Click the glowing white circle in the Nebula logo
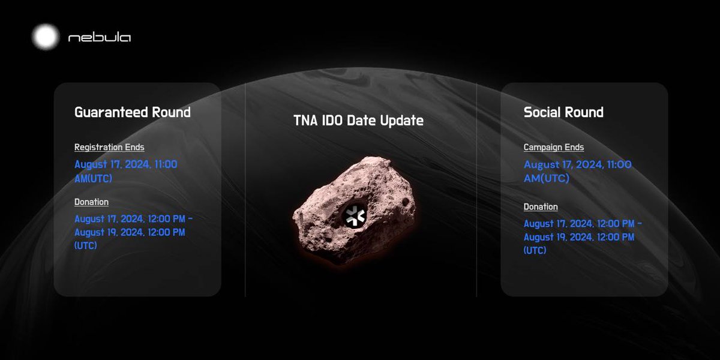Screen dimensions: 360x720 (x=45, y=37)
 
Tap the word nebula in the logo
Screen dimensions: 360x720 (x=100, y=38)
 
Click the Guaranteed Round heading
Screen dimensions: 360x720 (x=133, y=112)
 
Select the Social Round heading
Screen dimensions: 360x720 (x=563, y=112)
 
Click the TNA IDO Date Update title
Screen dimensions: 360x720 (x=358, y=121)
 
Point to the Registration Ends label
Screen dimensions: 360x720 (x=109, y=147)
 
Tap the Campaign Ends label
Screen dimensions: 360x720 (x=554, y=147)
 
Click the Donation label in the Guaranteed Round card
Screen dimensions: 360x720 (x=91, y=202)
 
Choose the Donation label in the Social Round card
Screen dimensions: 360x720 (x=541, y=207)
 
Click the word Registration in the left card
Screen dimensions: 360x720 (x=98, y=147)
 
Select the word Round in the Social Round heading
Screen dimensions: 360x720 (x=584, y=112)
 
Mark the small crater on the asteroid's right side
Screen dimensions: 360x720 (x=407, y=202)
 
